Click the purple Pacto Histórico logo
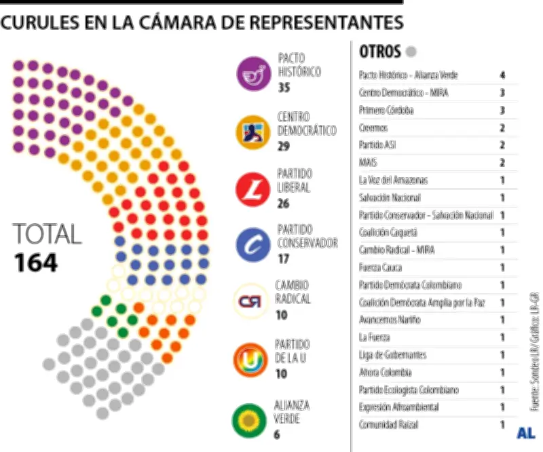[x=254, y=73]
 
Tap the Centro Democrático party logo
[x=254, y=132]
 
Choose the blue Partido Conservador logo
[x=254, y=244]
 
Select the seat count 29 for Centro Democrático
[x=284, y=146]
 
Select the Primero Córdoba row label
[x=386, y=110]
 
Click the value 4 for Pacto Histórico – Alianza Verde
[x=502, y=75]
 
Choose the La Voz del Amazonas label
[x=394, y=180]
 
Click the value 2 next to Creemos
[x=502, y=128]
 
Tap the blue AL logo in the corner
[x=526, y=432]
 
